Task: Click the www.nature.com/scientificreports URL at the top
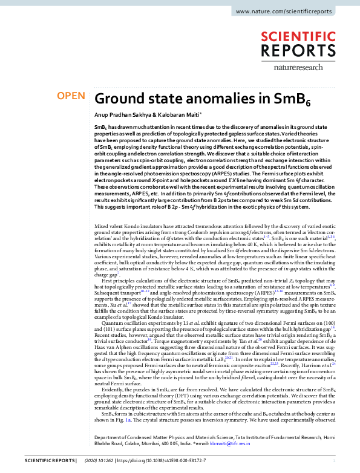point(292,11)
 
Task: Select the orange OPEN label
point(70,96)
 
